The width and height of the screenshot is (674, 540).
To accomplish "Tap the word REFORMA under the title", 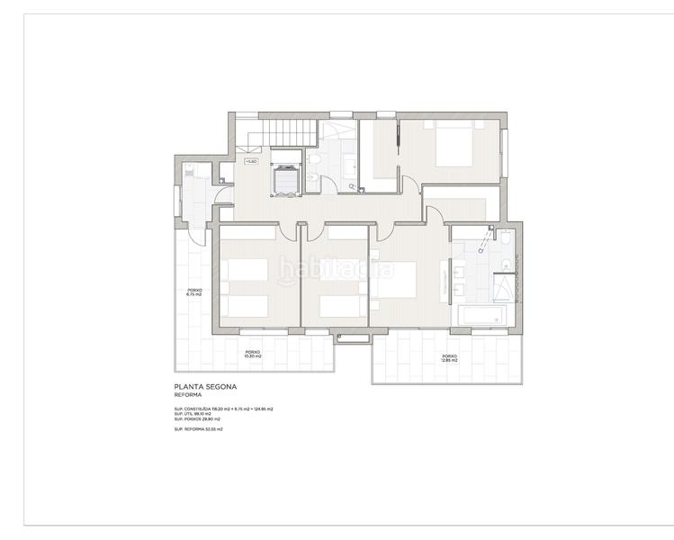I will coord(188,395).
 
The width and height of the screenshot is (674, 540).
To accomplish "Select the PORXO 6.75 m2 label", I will coord(193,292).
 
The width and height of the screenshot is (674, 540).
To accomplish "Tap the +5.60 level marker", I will coord(251,162).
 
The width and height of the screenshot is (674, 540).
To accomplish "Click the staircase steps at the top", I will coord(289,132).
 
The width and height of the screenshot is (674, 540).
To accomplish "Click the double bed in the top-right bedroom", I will coord(455,146).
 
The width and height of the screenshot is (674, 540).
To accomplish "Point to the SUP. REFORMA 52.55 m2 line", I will coord(199,430).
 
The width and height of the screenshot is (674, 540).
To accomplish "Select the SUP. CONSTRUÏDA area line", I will coord(223,409).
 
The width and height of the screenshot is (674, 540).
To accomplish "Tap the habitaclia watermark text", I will coord(336,268).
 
